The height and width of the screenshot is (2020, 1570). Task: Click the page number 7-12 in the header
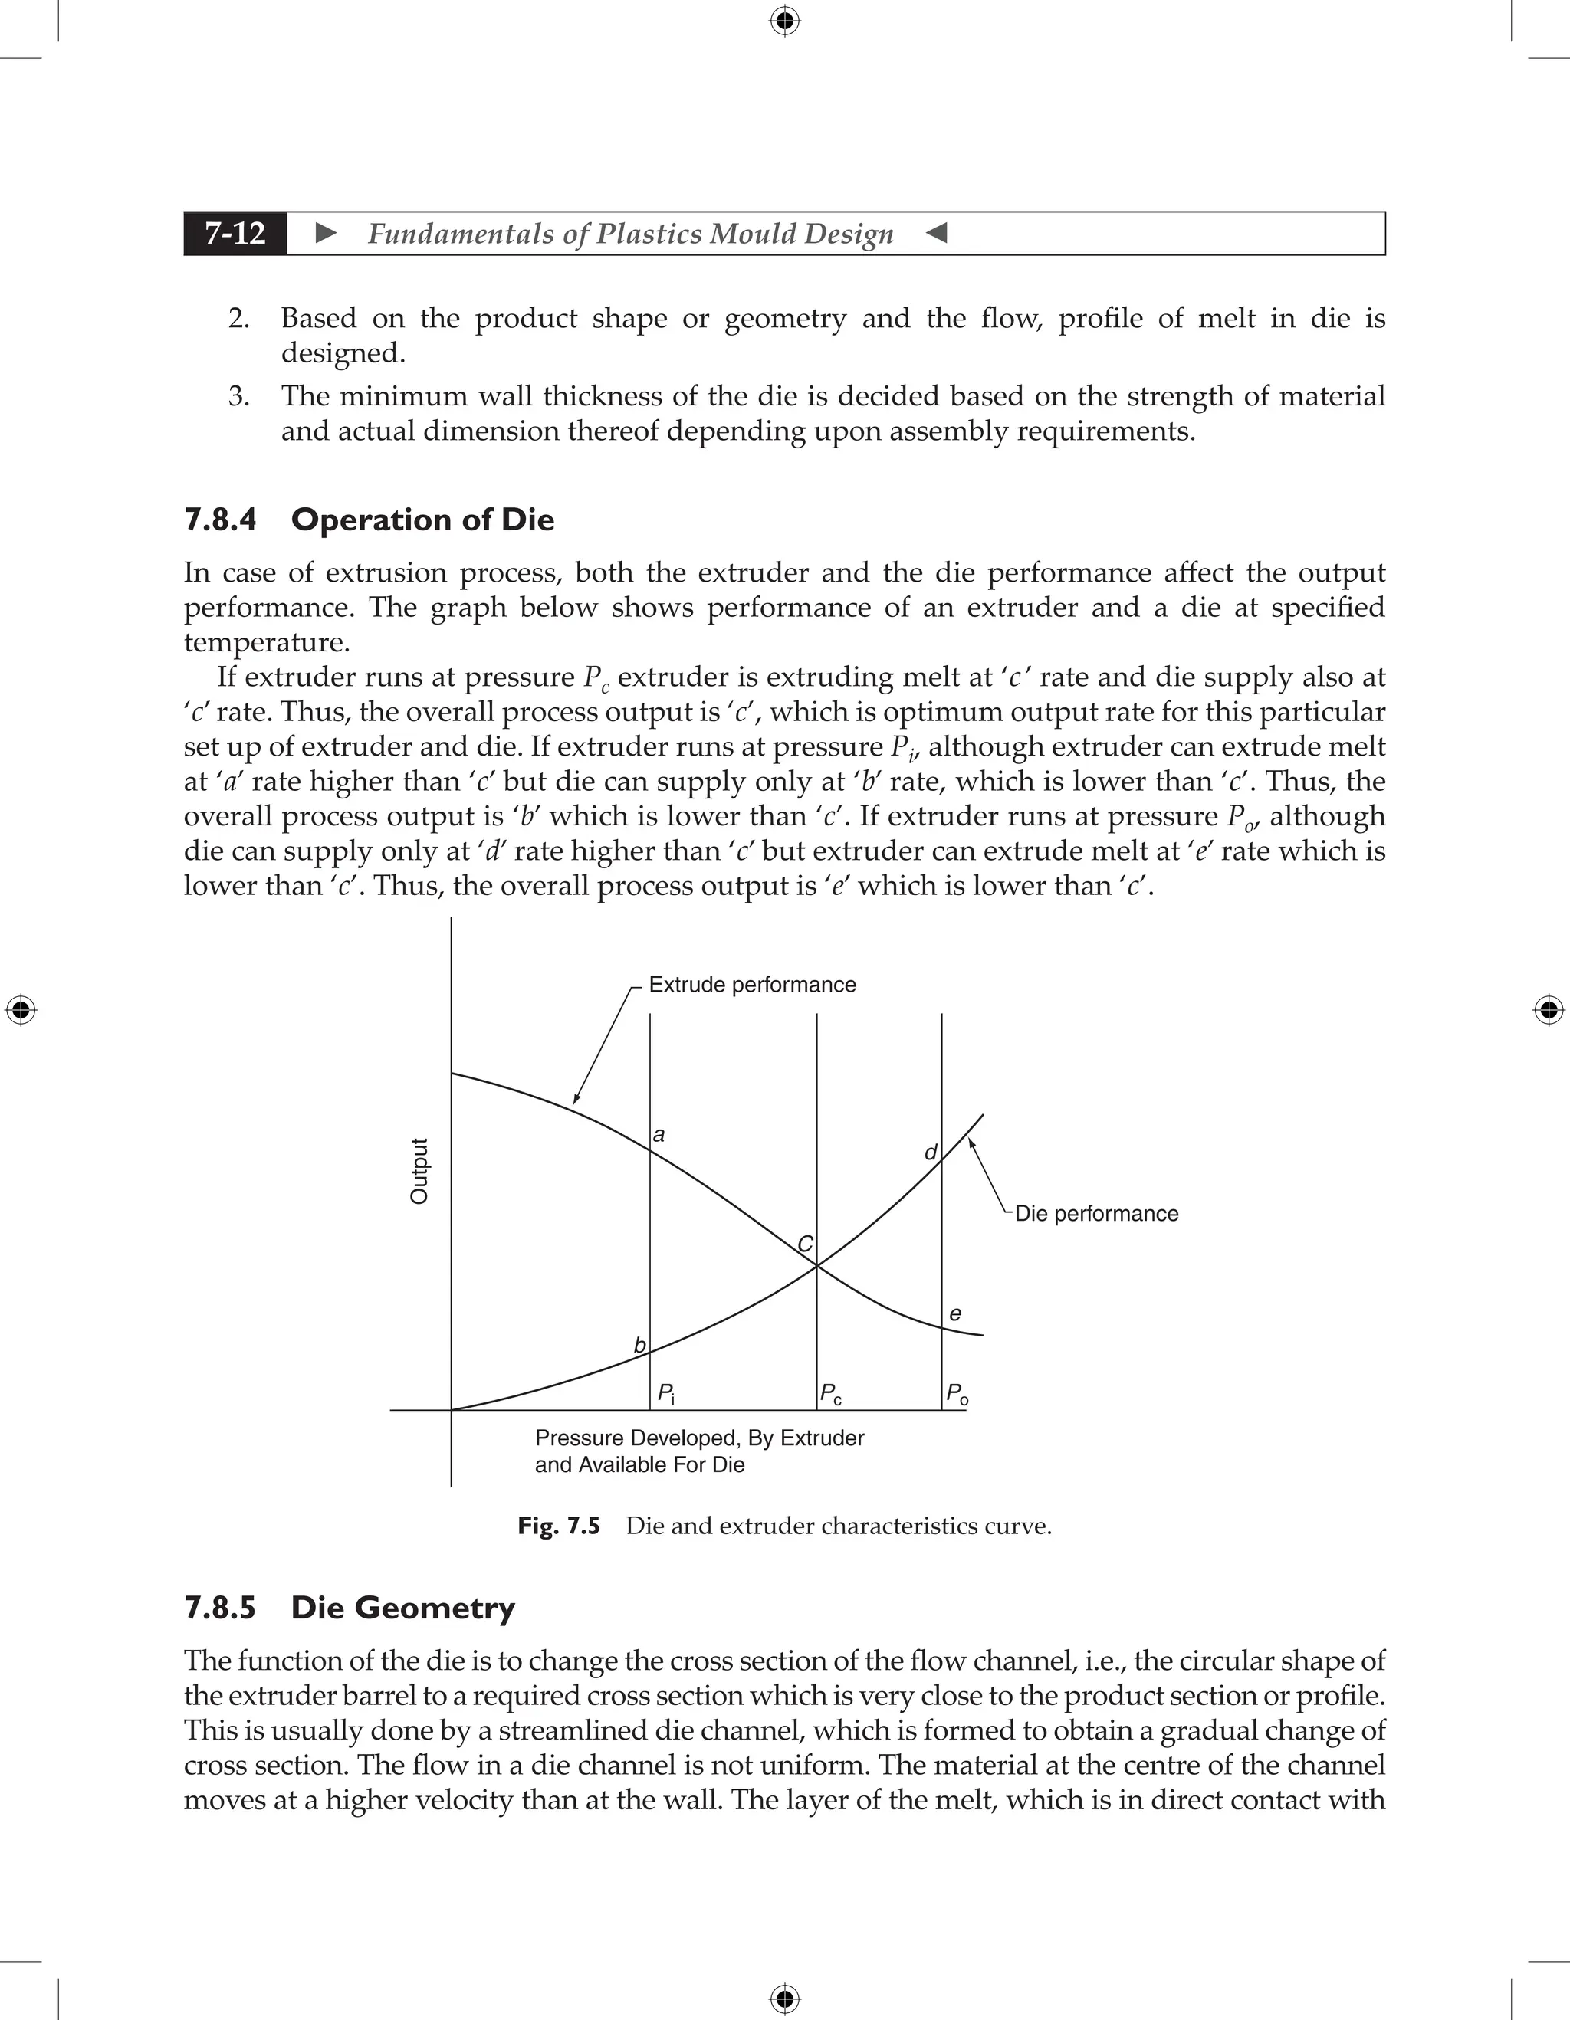tap(235, 233)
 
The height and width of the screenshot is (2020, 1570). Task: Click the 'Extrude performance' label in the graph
tap(751, 984)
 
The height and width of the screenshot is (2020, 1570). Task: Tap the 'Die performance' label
tap(1095, 1214)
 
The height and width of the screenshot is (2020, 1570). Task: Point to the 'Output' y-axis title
tap(419, 1171)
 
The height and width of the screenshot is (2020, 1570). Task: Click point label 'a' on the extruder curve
tap(659, 1135)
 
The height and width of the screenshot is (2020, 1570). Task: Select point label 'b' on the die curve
tap(639, 1346)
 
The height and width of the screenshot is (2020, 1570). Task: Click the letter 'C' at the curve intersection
tap(805, 1244)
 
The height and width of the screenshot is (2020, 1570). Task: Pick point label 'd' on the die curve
tap(931, 1153)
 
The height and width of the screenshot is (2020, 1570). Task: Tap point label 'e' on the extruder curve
tap(954, 1313)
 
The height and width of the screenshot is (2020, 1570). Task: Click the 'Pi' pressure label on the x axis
tap(666, 1393)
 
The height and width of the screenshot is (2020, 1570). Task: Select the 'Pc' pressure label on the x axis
tap(830, 1393)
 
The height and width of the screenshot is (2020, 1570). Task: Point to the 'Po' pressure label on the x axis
tap(957, 1393)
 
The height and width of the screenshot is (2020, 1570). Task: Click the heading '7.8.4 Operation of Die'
tap(370, 520)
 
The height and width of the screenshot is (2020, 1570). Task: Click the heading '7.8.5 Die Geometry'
tap(350, 1608)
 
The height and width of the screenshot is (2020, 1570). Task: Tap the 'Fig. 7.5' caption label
tap(558, 1526)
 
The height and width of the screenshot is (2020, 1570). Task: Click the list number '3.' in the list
tap(238, 396)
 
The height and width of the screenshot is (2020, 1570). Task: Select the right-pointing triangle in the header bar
tap(326, 233)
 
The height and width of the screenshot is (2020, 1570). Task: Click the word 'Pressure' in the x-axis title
tap(577, 1438)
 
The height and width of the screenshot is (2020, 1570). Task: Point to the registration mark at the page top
tap(784, 19)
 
